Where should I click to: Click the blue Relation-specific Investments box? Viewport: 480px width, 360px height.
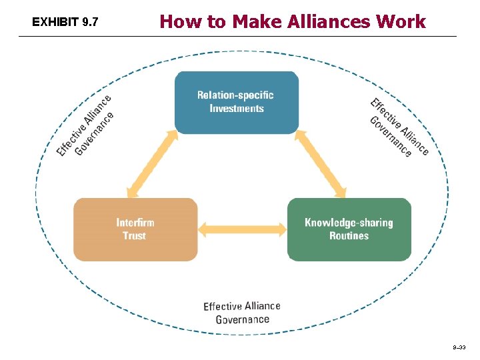pos(236,102)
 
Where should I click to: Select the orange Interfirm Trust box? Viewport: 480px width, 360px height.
pos(135,229)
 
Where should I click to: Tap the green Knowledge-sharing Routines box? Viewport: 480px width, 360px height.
pos(349,229)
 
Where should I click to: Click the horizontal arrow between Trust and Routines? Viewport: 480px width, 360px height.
pos(242,230)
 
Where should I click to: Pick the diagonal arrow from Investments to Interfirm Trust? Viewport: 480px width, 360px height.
pos(152,163)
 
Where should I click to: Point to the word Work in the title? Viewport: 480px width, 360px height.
pos(401,22)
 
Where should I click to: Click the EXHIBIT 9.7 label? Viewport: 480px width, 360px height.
pos(65,23)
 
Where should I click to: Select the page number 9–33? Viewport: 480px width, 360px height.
pos(460,348)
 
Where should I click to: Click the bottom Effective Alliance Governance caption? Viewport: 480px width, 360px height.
pos(242,313)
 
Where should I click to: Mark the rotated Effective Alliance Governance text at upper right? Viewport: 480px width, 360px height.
pos(399,127)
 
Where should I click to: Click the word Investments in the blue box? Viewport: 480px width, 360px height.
pos(237,109)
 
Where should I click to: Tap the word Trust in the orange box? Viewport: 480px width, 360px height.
pos(134,236)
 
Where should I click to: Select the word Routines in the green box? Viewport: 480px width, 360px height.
pos(349,236)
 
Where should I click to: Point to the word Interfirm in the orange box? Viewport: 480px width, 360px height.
pos(135,223)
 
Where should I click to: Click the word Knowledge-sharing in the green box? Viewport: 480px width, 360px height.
pos(349,223)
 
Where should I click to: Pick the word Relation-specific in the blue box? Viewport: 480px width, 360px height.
pos(235,95)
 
